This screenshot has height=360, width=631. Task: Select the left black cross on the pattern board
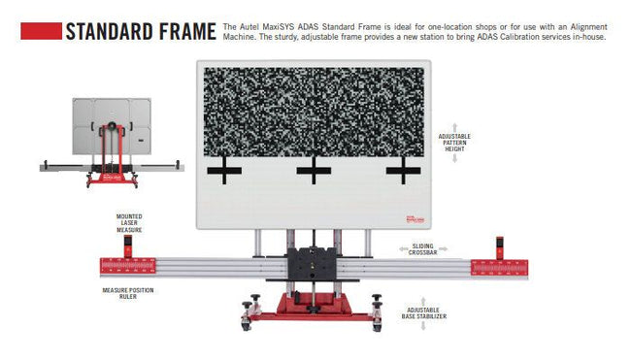[x=224, y=172]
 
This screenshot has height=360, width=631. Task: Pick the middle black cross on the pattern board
[x=313, y=172]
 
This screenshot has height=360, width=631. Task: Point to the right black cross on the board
[x=402, y=172]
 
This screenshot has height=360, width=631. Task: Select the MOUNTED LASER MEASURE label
[x=130, y=223]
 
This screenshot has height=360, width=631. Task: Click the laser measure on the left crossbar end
[x=128, y=245]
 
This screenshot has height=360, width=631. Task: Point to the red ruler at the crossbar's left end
[x=130, y=264]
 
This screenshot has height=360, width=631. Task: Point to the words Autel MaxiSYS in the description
[x=268, y=26]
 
